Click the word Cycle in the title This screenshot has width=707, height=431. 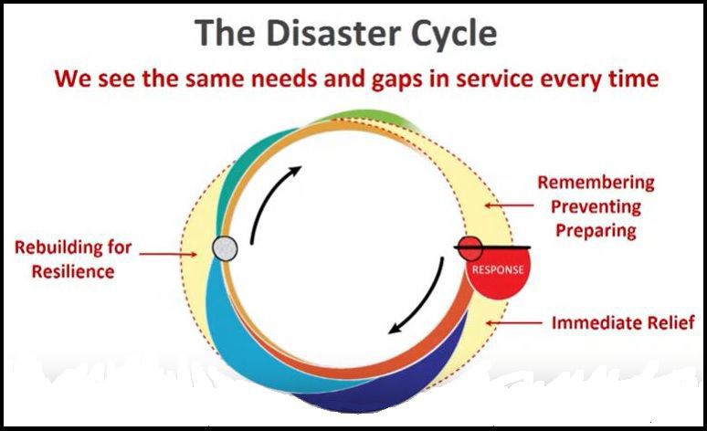coord(451,34)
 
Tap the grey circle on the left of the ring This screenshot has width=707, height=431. coord(225,247)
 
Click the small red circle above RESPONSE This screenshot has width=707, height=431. coord(469,247)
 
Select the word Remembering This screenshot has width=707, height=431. coord(596,183)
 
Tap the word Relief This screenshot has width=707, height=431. coord(671,322)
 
